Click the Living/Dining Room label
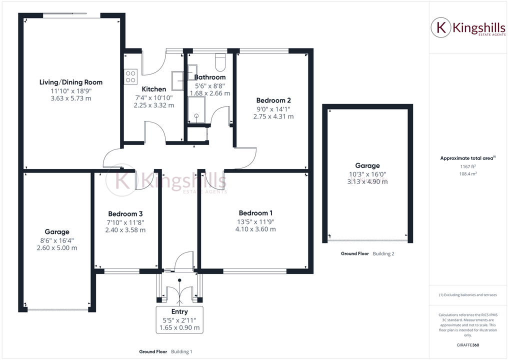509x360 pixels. (x=71, y=82)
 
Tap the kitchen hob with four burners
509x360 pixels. (x=131, y=76)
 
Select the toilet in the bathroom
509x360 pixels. (x=220, y=62)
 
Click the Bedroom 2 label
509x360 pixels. (x=273, y=100)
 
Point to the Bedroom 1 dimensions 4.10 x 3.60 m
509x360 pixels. (x=255, y=229)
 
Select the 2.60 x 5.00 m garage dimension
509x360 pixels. (x=57, y=248)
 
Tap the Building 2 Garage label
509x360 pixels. (x=367, y=165)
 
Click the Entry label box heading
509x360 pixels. (x=179, y=311)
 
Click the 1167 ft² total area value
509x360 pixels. (x=467, y=166)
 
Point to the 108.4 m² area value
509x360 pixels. (x=467, y=173)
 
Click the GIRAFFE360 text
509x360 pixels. (x=468, y=345)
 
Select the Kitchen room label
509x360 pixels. (x=154, y=89)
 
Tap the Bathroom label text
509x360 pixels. (x=209, y=77)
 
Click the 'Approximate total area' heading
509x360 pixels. (x=466, y=158)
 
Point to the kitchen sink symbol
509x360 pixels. (x=178, y=80)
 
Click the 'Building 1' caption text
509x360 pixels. (x=181, y=351)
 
